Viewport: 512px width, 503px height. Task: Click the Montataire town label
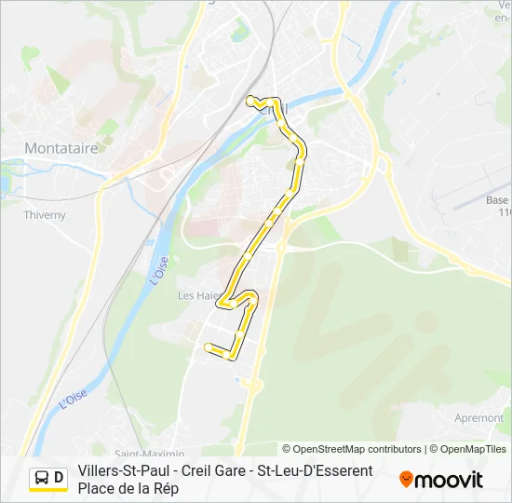coord(63,148)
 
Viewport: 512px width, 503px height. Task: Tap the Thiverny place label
coord(44,215)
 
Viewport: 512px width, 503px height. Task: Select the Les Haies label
coord(197,295)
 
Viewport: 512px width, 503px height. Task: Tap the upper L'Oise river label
coord(157,269)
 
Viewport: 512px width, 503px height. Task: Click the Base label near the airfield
coord(497,200)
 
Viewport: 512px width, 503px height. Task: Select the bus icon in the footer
coord(43,479)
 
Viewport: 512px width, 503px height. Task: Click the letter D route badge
coord(59,479)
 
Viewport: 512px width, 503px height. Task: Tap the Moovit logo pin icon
coord(406,480)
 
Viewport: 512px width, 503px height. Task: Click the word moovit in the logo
coord(449,480)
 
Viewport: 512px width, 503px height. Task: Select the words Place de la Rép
coord(128,488)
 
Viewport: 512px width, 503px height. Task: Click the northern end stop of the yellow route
coord(249,100)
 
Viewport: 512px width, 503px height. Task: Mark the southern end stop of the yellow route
coord(208,347)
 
